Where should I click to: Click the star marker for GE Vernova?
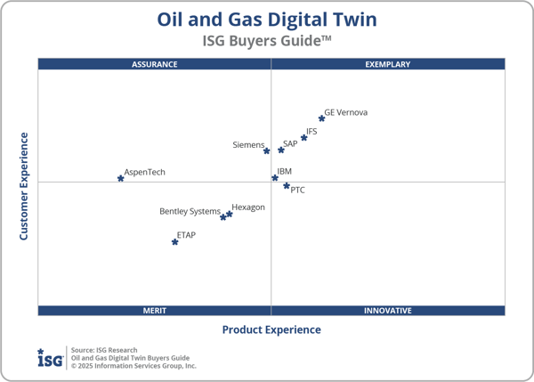click(321, 118)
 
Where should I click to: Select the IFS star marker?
click(303, 138)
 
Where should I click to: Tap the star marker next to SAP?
click(280, 150)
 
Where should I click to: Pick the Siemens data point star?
click(266, 151)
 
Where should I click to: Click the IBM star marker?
click(274, 178)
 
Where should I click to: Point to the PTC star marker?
click(287, 186)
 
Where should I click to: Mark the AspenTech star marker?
click(120, 179)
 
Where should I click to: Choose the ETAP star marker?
click(174, 242)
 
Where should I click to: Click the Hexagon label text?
click(247, 207)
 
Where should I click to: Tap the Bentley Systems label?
click(190, 212)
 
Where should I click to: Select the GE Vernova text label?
click(345, 113)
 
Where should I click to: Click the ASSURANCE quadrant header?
click(155, 64)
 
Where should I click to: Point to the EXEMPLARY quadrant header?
click(388, 64)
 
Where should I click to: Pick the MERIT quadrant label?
click(155, 311)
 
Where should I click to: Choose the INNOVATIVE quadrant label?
click(388, 311)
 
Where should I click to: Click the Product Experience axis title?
click(271, 330)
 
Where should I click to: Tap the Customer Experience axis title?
click(25, 186)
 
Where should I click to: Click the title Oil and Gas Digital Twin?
click(267, 19)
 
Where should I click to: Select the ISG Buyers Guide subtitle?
click(267, 40)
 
